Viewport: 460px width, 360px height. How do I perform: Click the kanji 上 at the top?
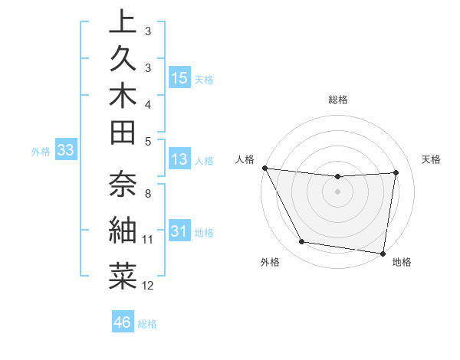123,23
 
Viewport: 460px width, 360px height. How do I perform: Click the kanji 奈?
123,184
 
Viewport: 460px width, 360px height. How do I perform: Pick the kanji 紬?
123,230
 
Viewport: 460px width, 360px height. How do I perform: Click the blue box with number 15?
179,78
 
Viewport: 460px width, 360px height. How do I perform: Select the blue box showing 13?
179,160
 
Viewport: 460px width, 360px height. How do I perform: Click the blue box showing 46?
123,322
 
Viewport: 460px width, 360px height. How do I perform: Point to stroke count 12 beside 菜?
148,286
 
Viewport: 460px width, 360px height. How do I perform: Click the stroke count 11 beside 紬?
147,240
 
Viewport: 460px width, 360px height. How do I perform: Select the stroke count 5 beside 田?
148,141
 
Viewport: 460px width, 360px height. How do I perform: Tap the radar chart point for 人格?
264,168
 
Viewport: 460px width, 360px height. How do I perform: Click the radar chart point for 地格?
383,253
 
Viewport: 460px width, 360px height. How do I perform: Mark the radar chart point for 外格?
301,242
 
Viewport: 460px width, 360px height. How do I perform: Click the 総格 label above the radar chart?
338,100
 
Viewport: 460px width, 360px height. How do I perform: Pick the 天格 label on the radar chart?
432,159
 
